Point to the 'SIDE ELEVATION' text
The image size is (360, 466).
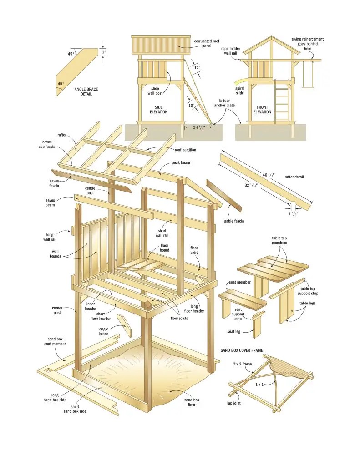(158, 109)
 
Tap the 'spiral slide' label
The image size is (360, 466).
(240, 91)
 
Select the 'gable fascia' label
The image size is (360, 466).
(233, 221)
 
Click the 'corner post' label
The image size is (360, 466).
(57, 310)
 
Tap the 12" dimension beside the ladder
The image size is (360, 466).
(197, 68)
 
